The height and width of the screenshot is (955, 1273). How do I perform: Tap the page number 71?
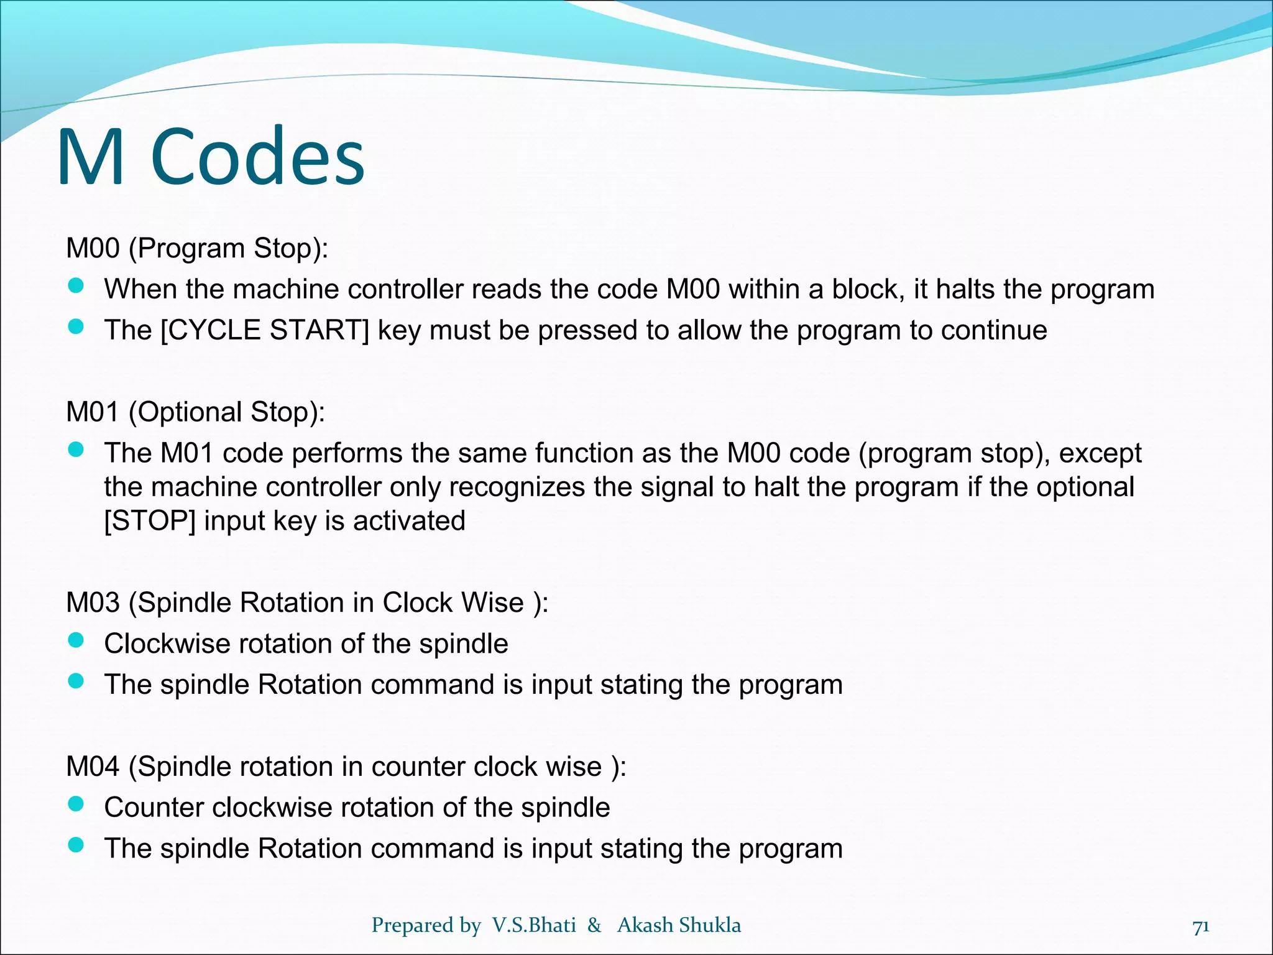1201,926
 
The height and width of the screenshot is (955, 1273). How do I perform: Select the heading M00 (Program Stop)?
197,248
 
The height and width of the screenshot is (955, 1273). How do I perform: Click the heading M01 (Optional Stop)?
196,412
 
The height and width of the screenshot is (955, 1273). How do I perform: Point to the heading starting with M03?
307,602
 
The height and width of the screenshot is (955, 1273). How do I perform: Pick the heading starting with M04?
346,767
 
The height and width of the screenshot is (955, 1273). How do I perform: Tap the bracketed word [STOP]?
150,521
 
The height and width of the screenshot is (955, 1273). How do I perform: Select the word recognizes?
517,487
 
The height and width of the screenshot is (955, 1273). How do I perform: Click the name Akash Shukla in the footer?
679,925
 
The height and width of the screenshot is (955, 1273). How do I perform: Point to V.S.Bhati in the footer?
534,925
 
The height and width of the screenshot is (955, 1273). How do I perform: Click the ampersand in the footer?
595,925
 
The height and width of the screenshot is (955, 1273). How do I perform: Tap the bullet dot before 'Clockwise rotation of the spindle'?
76,641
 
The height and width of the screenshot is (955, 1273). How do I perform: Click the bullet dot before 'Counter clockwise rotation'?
76,805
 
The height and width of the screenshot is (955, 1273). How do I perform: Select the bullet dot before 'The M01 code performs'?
76,450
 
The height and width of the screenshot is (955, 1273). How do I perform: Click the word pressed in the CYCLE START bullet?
587,330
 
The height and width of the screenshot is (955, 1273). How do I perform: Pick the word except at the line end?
1100,453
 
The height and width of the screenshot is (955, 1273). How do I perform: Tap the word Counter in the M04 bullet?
154,808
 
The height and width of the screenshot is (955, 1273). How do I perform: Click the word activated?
409,521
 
